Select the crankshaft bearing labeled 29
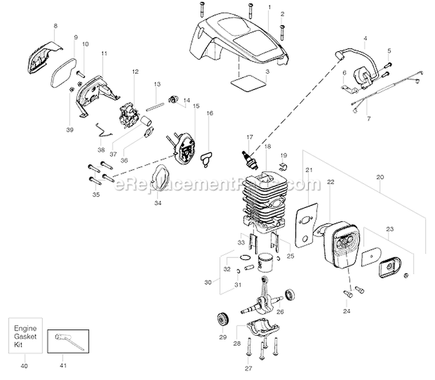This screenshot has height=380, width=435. (x=222, y=320)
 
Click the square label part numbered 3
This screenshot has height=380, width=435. (x=244, y=83)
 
